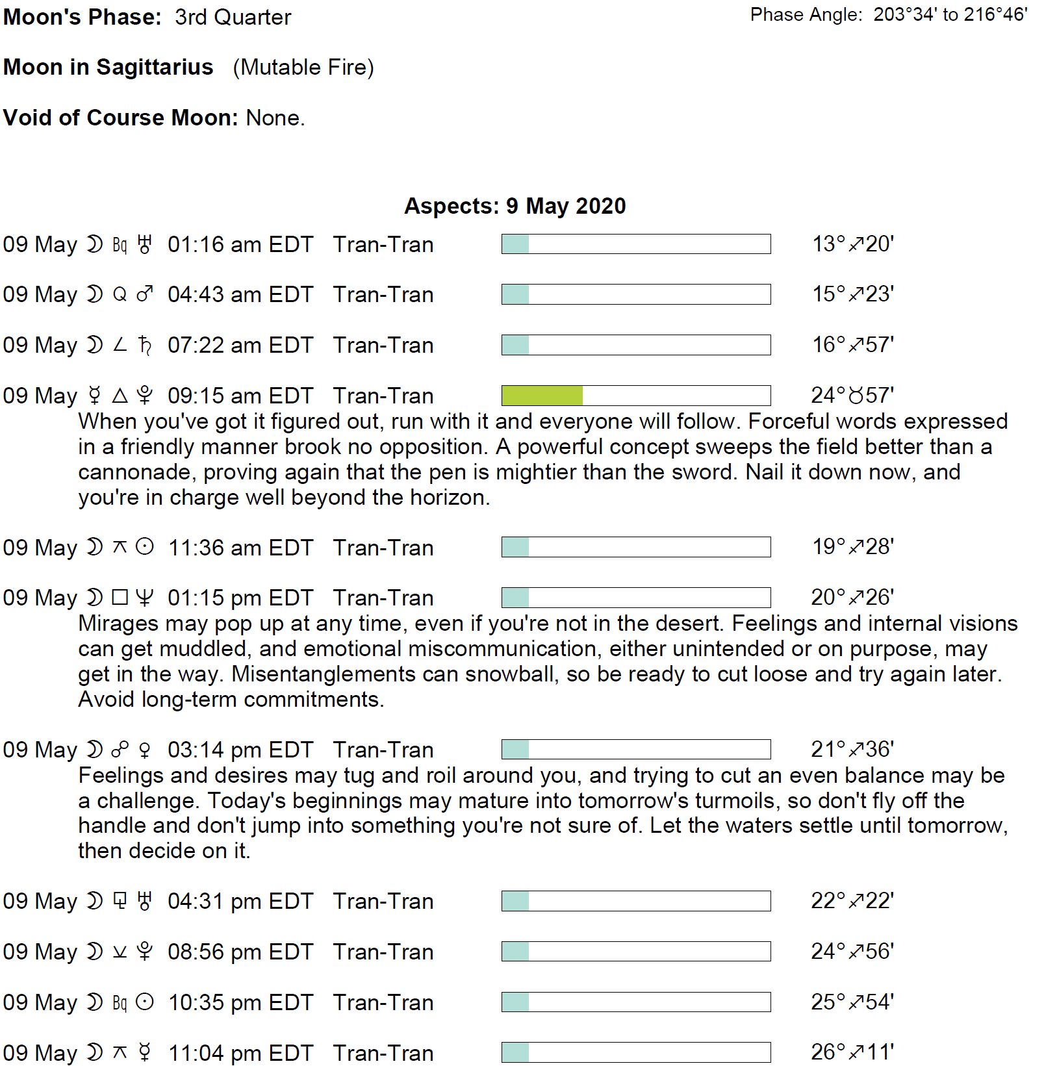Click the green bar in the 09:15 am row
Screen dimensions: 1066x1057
542,396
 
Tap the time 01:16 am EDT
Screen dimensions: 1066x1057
240,245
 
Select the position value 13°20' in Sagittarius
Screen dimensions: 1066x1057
852,244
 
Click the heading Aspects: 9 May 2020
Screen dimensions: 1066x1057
515,206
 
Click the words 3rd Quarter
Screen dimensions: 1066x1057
233,18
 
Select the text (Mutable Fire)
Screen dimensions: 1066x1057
303,68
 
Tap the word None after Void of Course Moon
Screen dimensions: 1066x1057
275,118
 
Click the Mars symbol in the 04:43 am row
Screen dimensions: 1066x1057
145,295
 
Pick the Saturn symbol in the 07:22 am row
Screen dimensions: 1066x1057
145,346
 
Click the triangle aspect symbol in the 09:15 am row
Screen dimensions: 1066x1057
120,396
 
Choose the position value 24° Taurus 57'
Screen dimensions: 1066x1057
852,396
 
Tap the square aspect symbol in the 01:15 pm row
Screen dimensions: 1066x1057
120,598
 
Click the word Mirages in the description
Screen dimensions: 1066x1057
118,624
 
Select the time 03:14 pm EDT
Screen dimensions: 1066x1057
240,750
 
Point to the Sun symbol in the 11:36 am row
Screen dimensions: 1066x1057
145,548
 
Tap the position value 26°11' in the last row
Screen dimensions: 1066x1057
852,1052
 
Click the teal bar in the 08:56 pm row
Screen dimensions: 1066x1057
515,952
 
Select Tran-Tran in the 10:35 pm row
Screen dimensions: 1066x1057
383,1003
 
